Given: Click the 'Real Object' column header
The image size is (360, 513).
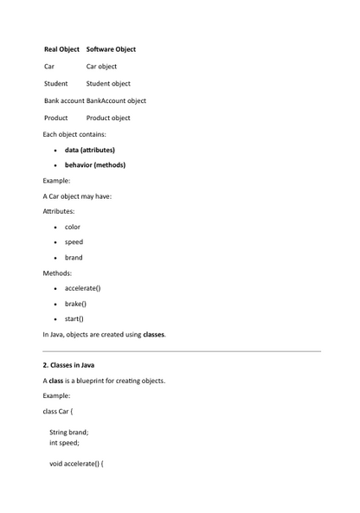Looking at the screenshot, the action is pos(61,49).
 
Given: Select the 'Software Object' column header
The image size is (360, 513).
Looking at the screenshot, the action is pos(111,49).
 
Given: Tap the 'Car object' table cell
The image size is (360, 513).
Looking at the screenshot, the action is pos(101,67).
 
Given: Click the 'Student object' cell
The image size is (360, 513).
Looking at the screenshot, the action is pos(108,84).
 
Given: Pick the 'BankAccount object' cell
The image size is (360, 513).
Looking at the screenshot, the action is pos(116,100).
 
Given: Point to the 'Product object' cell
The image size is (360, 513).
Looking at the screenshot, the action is pos(108,118).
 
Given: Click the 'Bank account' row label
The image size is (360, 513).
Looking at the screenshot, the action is pos(64,100).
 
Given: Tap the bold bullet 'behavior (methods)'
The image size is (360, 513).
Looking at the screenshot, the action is pos(94,165).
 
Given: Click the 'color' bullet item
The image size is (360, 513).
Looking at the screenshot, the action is pos(73,227).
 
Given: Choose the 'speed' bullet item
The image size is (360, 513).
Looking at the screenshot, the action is pos(74,242).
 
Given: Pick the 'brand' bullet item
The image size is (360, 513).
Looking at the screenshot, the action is pos(74,258).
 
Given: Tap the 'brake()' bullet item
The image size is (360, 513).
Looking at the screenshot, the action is pos(75,304).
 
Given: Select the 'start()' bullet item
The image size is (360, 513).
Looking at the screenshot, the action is pos(74,319).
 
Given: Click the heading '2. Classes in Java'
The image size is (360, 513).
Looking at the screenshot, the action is pos(68,365).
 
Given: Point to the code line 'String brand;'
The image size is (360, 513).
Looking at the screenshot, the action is pos(69,433).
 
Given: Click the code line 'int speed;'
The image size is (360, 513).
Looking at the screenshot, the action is pos(64,442).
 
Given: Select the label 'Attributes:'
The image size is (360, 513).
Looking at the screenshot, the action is pos(59,211).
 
